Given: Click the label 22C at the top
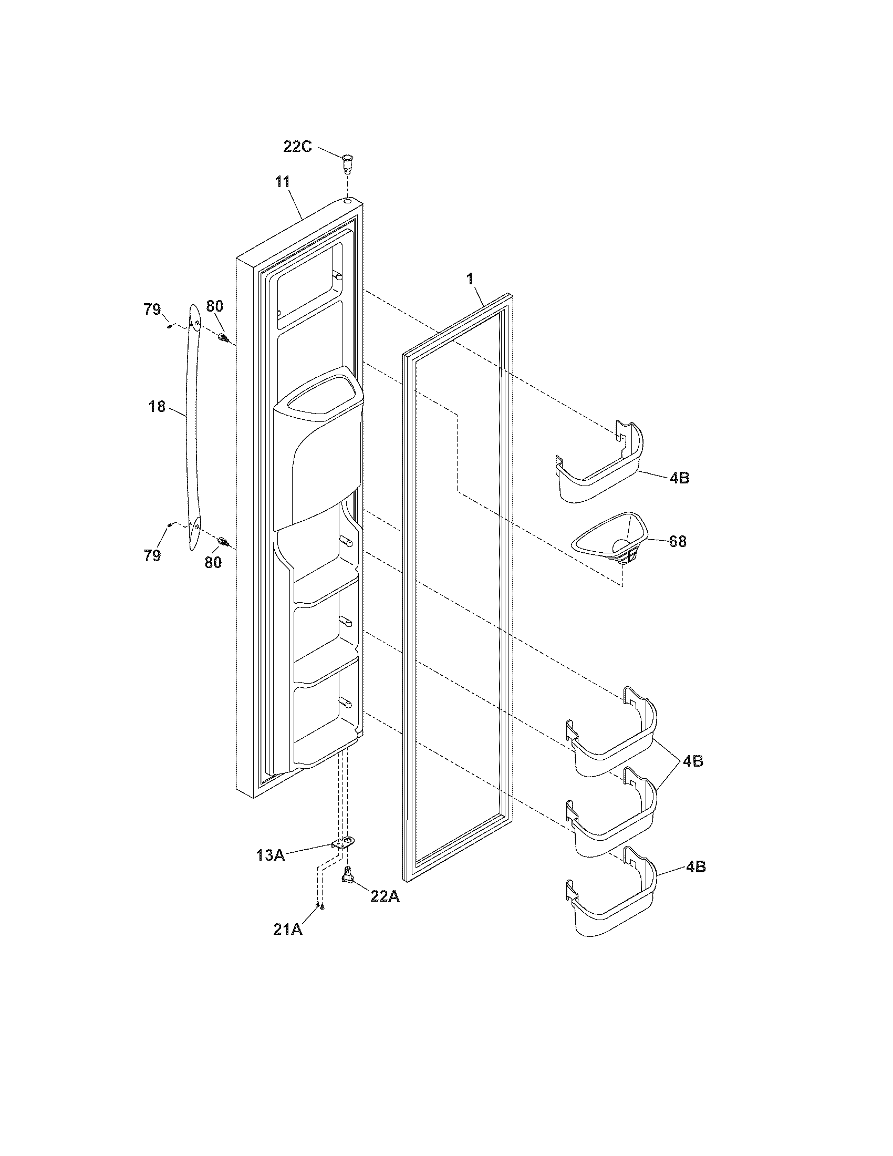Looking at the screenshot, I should pos(297,147).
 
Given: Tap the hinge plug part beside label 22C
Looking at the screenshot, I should pos(348,162).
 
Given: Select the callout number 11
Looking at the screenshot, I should pos(282,182).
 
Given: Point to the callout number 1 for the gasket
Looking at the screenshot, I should pos(470,280).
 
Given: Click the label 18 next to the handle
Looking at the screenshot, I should pos(157,407).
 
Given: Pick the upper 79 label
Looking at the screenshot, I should pos(152,309).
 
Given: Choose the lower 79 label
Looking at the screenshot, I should pos(152,556).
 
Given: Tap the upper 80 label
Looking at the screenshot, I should pos(214,306).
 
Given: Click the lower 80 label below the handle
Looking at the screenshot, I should pos(213,563).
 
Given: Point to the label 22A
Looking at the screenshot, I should pos(385,896).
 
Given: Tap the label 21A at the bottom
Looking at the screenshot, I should pos(288,930).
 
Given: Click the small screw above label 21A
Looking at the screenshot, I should pos(320,907).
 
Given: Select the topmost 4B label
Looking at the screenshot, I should pos(679,478).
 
